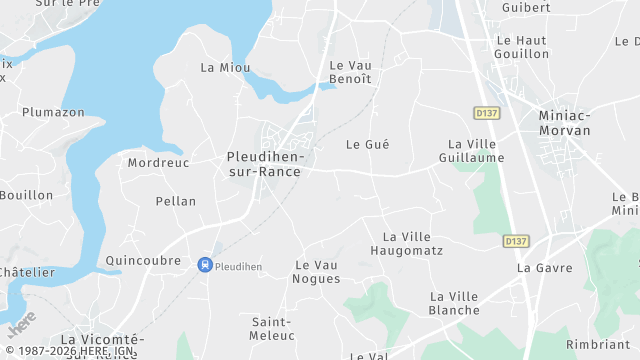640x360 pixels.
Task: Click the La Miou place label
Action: (x=225, y=67)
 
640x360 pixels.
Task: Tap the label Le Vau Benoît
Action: (x=351, y=72)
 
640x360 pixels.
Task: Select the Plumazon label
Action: (x=53, y=112)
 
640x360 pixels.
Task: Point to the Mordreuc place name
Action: (x=159, y=162)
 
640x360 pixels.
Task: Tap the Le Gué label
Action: (x=367, y=144)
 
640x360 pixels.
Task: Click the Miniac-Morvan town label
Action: (x=565, y=123)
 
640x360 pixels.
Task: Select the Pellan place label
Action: (x=176, y=201)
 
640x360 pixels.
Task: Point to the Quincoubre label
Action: (x=143, y=260)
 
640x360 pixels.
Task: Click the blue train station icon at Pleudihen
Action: (x=204, y=265)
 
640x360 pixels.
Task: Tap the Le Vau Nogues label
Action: (x=317, y=271)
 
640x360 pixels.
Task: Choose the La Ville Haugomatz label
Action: (x=406, y=243)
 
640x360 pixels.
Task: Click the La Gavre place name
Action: (x=545, y=268)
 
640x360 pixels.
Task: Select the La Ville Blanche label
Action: (x=455, y=303)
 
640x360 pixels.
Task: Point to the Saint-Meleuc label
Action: (x=271, y=328)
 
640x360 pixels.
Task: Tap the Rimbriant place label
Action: (x=597, y=344)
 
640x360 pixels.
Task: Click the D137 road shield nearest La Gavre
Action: (x=515, y=241)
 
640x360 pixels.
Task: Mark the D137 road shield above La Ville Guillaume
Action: (x=487, y=113)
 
